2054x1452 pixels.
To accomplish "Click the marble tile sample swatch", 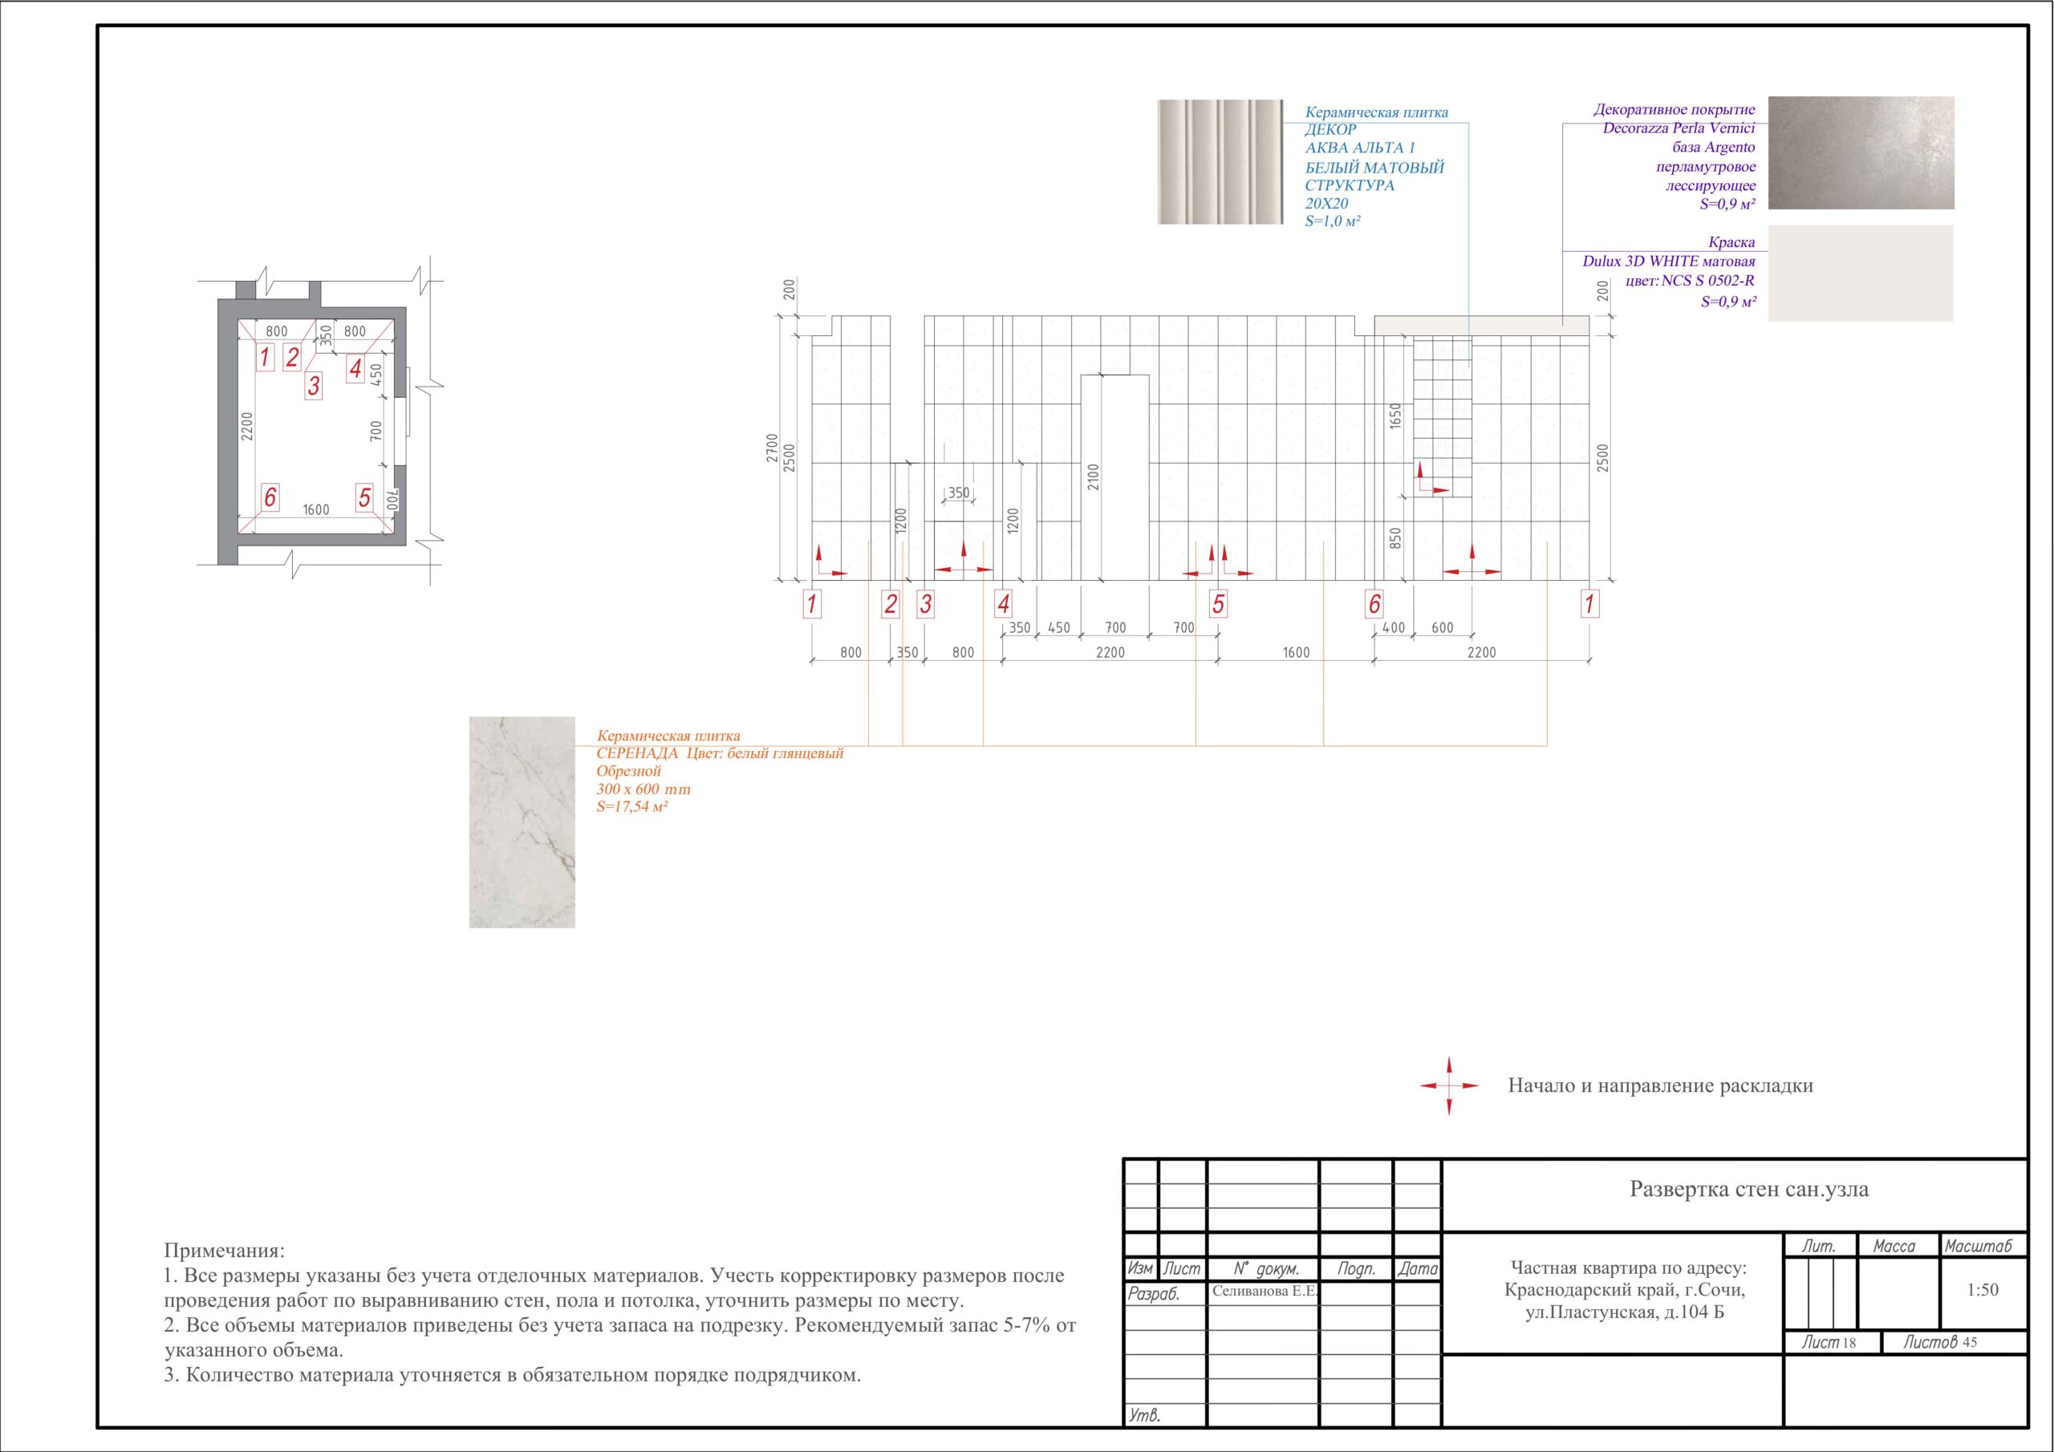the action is pos(522,821).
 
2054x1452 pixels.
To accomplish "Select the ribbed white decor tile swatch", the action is pos(1220,162).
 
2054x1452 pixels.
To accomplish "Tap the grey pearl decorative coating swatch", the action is pos(1861,153).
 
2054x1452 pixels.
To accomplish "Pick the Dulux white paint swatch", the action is pos(1861,273).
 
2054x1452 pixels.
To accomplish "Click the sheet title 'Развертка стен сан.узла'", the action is pos(1749,1189).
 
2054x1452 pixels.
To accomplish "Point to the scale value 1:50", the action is pos(1983,1290).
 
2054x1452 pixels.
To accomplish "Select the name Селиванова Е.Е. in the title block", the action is pos(1264,1292).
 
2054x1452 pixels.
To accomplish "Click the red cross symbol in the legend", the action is pos(1449,1085).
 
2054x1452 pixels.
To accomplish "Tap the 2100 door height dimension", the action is pos(1094,477).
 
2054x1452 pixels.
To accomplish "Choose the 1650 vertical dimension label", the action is pos(1395,416).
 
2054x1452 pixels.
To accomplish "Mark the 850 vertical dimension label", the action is pos(1395,537).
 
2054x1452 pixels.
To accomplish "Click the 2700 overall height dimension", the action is pos(771,448).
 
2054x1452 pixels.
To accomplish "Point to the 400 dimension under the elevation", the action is pos(1394,628).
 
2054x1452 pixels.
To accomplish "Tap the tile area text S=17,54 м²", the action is pos(632,807).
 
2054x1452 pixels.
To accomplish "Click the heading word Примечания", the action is pos(225,1250).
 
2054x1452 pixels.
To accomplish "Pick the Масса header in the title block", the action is pos(1894,1246).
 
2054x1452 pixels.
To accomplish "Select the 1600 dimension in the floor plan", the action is pos(316,510).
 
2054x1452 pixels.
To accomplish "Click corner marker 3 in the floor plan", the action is pos(313,386).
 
